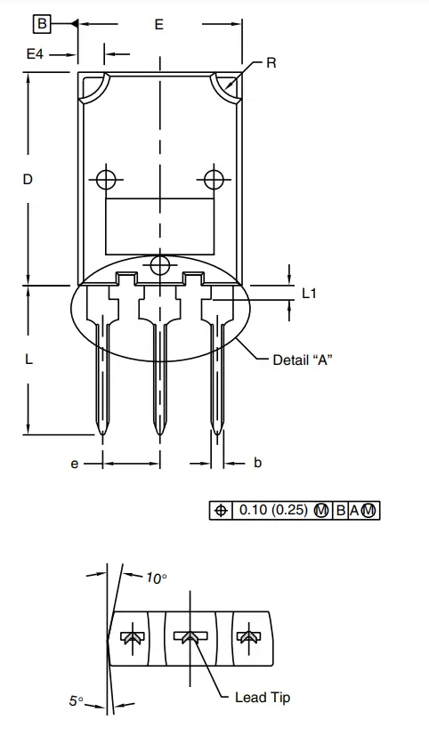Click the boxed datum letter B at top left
point(43,23)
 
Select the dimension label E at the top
point(158,25)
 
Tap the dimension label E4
point(35,54)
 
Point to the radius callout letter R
point(271,63)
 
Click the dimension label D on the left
point(28,180)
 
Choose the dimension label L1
point(310,292)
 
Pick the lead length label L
point(28,360)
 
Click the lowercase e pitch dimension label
point(76,463)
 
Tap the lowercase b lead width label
point(257,463)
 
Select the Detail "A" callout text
point(303,360)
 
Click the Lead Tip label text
point(262,698)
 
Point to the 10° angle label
point(156,578)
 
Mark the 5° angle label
point(77,701)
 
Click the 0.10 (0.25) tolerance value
point(272,511)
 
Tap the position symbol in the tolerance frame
point(220,511)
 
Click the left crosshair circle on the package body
point(107,179)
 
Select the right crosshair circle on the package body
point(213,179)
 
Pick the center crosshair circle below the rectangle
point(160,265)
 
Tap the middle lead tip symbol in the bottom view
point(189,637)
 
